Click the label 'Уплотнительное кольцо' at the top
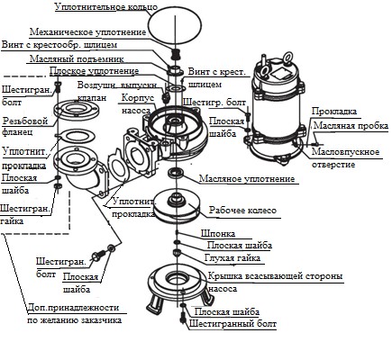click(106, 6)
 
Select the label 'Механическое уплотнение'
click(87, 32)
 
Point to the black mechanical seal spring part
click(175, 55)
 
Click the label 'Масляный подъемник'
click(77, 58)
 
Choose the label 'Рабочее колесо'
click(242, 210)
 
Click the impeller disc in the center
click(177, 207)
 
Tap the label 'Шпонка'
click(218, 233)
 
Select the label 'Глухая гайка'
click(232, 257)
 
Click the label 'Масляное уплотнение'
click(247, 179)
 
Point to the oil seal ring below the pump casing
click(177, 173)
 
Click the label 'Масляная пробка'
click(351, 125)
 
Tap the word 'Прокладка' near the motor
click(334, 112)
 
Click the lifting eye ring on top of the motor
click(288, 57)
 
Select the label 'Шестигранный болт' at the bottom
click(232, 324)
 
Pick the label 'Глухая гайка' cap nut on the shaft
click(177, 252)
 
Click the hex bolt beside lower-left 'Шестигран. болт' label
click(98, 255)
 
